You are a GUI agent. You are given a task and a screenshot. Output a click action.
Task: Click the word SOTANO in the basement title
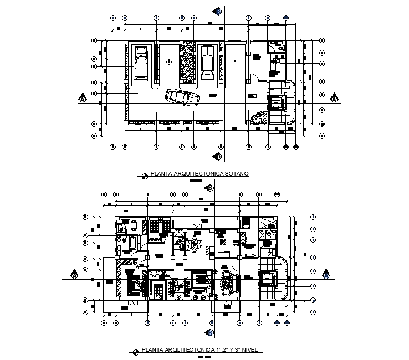click(237, 174)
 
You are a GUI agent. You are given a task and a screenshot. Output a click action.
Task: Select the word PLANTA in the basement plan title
click(161, 174)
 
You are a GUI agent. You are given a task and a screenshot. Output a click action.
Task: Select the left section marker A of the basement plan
click(83, 99)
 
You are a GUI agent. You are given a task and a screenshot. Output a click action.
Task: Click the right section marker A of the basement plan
click(334, 99)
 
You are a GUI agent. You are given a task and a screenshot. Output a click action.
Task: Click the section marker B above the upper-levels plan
click(211, 187)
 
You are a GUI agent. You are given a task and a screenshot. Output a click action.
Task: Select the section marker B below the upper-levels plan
click(211, 332)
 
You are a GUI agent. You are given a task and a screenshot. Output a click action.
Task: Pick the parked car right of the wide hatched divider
click(207, 61)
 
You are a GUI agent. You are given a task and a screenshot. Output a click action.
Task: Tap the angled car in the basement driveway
click(182, 97)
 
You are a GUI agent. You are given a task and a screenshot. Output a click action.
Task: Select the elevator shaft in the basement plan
click(275, 102)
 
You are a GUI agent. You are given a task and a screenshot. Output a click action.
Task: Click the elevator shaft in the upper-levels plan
click(268, 278)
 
